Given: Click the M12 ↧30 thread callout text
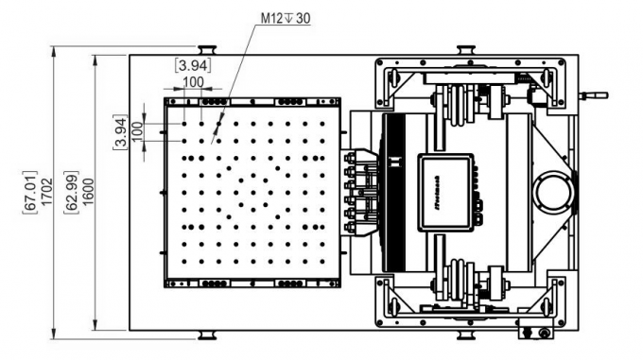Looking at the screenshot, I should pyautogui.click(x=284, y=18).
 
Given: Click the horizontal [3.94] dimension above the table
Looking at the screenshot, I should pyautogui.click(x=193, y=65).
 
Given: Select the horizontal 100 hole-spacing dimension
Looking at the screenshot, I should pyautogui.click(x=193, y=81).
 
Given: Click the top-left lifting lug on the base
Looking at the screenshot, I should pyautogui.click(x=209, y=50).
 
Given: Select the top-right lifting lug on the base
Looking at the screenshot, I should pyautogui.click(x=466, y=50).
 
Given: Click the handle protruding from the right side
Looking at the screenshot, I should pyautogui.click(x=595, y=94).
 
